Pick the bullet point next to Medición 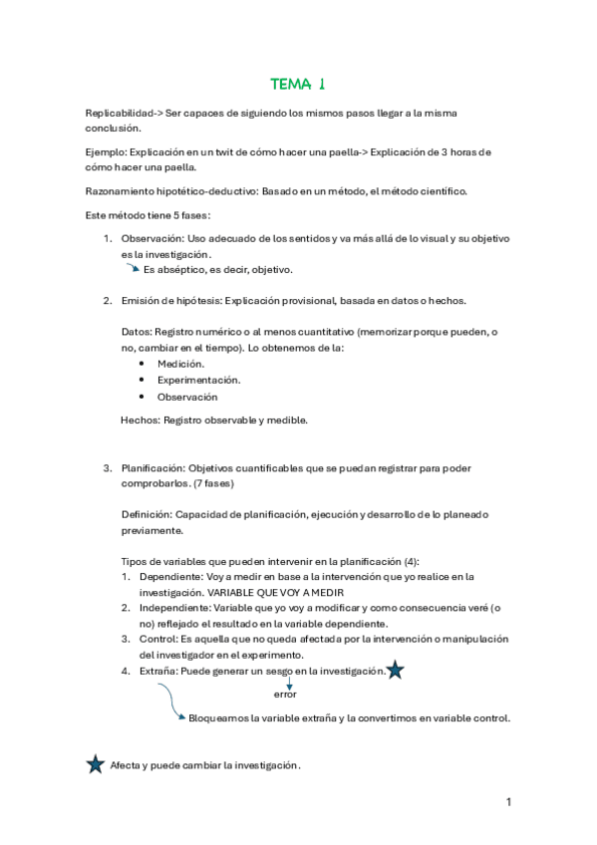(x=145, y=364)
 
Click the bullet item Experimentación (x=198, y=381)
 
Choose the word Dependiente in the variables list (x=170, y=576)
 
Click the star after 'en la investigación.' (x=395, y=671)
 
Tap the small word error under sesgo (x=286, y=694)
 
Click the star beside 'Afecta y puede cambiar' (x=96, y=764)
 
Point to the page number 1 (x=508, y=802)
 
